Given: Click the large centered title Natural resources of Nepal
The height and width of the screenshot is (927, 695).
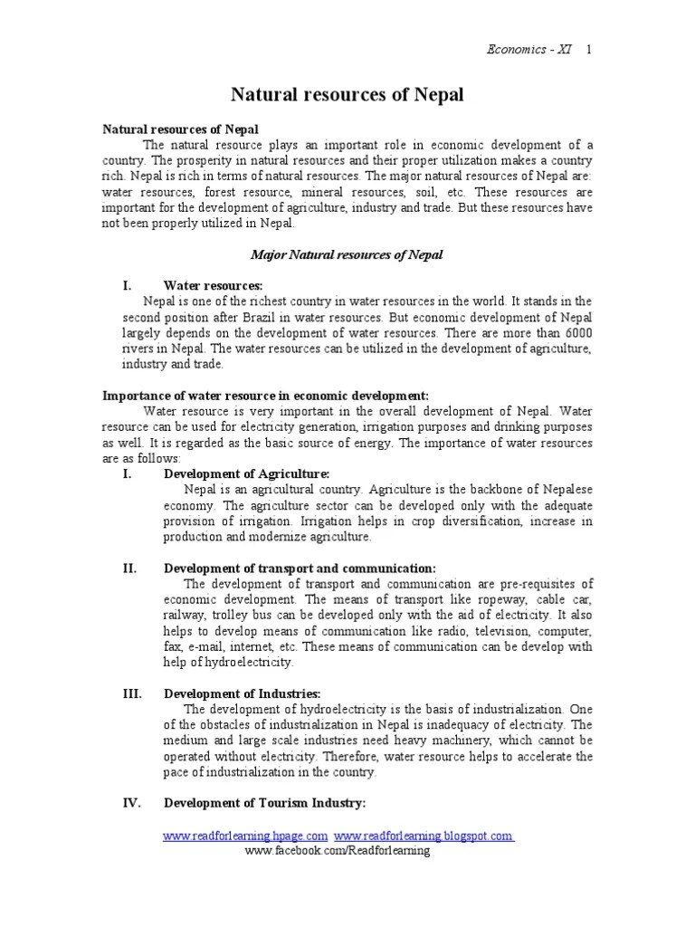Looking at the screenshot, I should pos(348,94).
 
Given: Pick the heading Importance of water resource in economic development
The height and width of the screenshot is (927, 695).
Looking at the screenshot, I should pos(265,396).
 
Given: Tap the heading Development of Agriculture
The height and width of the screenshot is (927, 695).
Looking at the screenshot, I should pos(246,473).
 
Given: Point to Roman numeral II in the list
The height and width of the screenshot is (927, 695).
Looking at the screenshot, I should pos(129,568).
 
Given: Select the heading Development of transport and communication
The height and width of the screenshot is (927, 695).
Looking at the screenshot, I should pos(299,568).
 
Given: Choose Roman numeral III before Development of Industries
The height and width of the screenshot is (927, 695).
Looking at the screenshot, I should pos(131,693).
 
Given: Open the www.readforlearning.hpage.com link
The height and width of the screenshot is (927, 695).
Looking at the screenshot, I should pos(245,836).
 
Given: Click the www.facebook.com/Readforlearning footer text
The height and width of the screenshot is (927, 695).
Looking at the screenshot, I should pos(338,852).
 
